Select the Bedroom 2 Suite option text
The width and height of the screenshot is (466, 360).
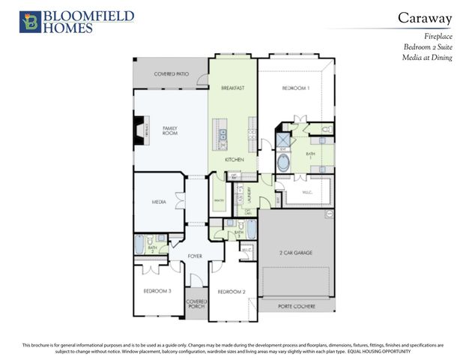pos(428,46)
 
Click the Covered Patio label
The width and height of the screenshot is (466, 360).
pos(171,75)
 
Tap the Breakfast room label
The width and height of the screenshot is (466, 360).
pos(233,88)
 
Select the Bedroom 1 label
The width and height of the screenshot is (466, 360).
pos(294,88)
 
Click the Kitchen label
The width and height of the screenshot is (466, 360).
pos(234,160)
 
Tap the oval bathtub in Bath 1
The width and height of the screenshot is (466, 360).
pos(285,163)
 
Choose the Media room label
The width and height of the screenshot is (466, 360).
pos(160,202)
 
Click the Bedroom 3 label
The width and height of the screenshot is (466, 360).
pos(157,291)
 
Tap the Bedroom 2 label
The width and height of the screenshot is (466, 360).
pos(232,291)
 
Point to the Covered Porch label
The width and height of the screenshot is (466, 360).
pos(196,304)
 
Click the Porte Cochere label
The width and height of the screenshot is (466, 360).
pos(296,306)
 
